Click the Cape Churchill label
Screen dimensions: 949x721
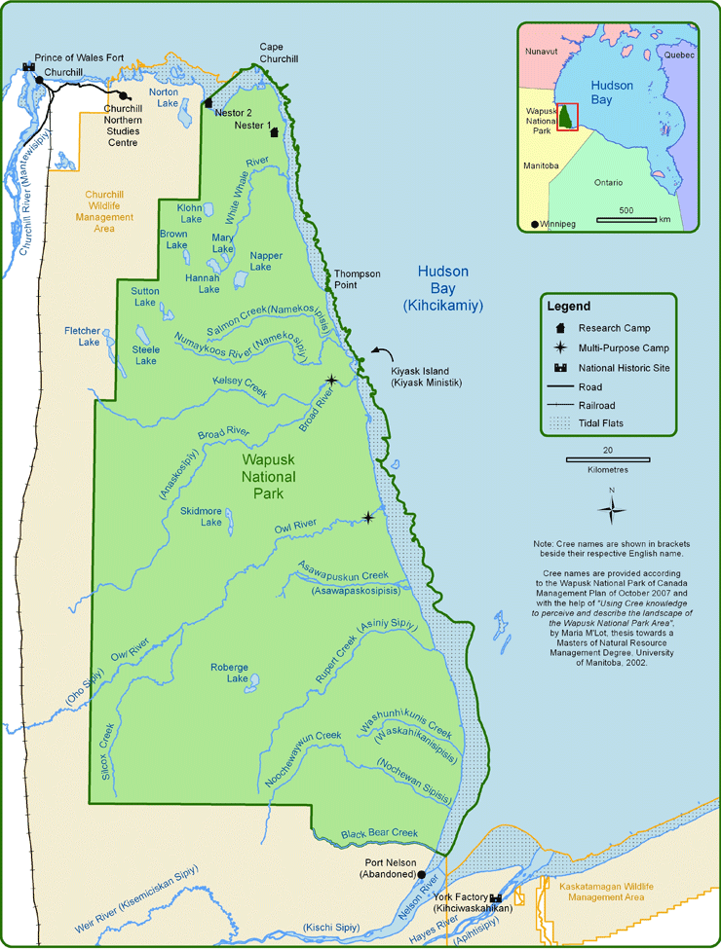coord(279,53)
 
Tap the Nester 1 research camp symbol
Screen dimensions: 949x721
coord(275,132)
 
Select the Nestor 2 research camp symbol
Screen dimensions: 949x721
coord(209,102)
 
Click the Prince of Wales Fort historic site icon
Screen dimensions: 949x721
coord(26,68)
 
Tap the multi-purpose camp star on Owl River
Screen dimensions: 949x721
coord(367,517)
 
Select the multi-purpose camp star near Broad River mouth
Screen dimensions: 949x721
coord(332,380)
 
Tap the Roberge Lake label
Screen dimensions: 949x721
coord(230,673)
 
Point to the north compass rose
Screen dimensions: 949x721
coord(612,508)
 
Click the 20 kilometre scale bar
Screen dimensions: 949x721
coord(607,457)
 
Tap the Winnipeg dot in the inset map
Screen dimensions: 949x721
coord(534,225)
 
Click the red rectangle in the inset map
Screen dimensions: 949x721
coord(567,116)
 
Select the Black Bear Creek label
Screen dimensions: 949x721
coord(379,833)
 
